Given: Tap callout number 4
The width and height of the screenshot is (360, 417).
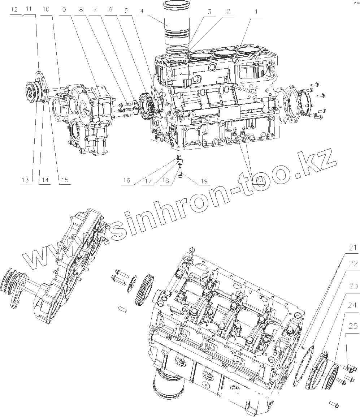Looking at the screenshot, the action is click(142, 11).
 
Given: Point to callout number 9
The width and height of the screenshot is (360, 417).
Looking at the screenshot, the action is click(64, 10).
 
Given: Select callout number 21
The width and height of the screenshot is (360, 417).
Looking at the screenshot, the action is click(352, 248).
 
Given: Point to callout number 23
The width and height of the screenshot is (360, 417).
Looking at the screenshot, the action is click(352, 287).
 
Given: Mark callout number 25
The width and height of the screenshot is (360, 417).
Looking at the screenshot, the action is click(352, 326).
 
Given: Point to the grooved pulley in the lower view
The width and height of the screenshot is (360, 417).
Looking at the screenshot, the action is click(14, 278).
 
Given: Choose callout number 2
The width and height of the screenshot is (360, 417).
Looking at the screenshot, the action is click(228, 11).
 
